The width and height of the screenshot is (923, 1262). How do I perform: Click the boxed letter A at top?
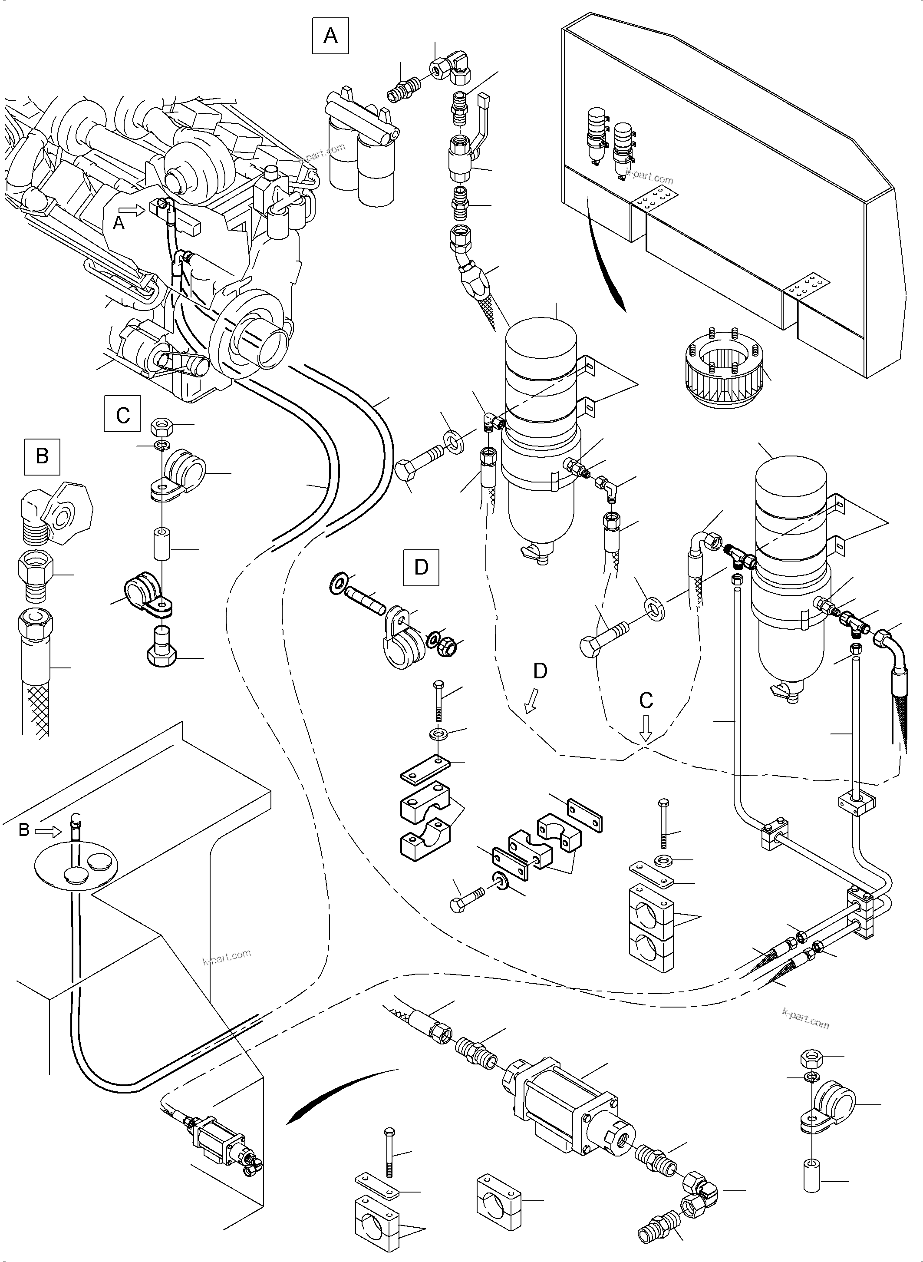point(330,36)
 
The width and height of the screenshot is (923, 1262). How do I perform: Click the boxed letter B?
point(42,456)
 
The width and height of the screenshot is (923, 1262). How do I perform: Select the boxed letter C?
point(122,414)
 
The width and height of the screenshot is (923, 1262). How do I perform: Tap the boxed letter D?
point(421,567)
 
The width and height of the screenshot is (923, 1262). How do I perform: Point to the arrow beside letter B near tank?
point(46,832)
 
